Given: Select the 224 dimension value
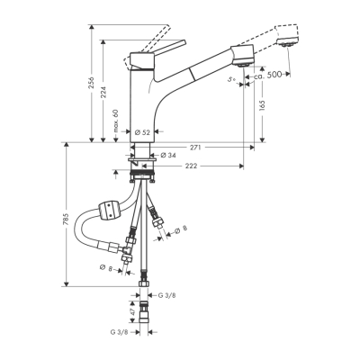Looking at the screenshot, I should coord(104,94).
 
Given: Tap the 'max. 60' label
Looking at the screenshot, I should coord(117,119).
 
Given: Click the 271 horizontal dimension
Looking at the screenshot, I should coord(194,146).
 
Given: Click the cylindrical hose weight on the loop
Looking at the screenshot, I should coord(109,211).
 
